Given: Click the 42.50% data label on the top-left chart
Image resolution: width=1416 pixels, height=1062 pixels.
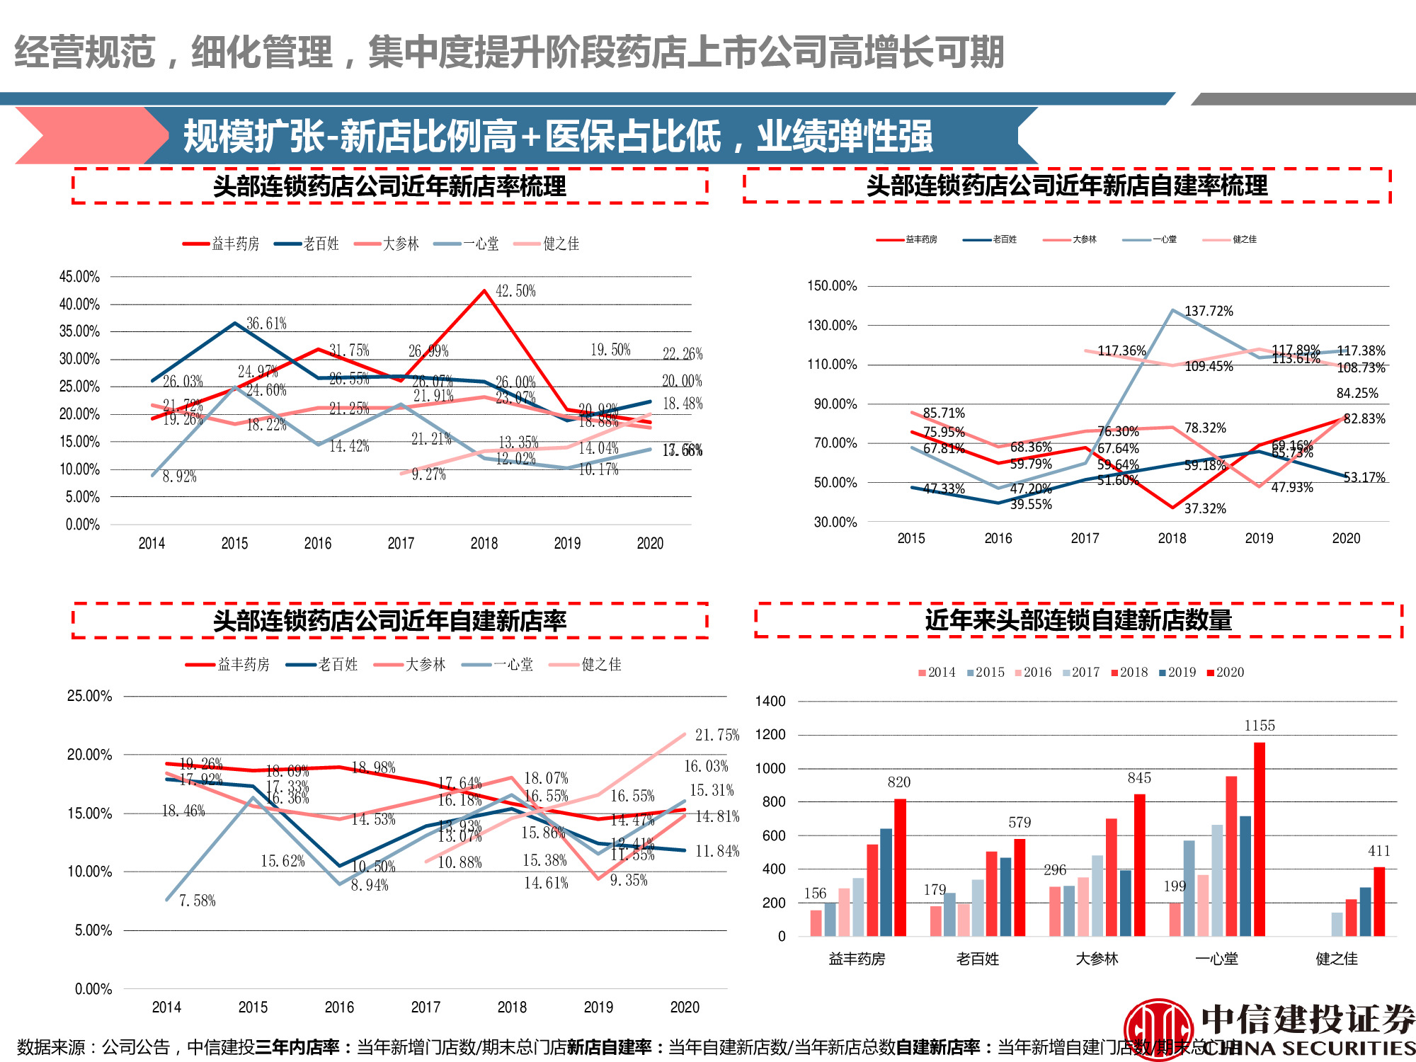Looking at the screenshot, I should click(x=515, y=291).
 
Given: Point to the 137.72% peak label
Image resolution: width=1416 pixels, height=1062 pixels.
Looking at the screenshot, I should click(x=1209, y=311).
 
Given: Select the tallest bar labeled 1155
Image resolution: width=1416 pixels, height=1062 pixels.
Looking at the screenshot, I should click(x=1259, y=839).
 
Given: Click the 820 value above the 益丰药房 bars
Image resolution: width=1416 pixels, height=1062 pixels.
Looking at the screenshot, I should click(x=898, y=782).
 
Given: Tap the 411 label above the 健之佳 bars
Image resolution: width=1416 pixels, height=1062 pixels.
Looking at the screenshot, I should click(x=1378, y=850).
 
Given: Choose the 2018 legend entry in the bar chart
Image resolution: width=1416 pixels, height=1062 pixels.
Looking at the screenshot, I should click(x=1130, y=672).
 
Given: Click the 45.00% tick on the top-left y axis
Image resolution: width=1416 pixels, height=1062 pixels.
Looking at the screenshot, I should click(x=79, y=276).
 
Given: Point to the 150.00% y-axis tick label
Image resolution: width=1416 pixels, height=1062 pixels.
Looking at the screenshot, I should click(x=832, y=285).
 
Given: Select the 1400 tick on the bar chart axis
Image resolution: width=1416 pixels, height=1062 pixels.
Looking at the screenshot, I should click(x=770, y=701).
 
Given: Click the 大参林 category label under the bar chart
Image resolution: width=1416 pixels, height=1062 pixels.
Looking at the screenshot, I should click(x=1097, y=959).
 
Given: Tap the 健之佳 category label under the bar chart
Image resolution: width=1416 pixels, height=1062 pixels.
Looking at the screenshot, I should click(x=1337, y=959).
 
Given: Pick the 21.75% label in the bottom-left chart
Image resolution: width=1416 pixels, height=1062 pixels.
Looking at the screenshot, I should click(x=716, y=735).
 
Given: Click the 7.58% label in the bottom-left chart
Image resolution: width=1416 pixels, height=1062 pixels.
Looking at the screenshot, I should click(x=197, y=901).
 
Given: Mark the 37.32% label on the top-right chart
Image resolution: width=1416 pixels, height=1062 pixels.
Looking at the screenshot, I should click(x=1204, y=508).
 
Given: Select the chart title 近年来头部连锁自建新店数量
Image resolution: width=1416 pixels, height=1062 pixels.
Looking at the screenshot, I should click(x=1078, y=620).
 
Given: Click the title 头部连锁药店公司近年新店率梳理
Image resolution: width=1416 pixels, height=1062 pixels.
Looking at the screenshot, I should click(x=389, y=186).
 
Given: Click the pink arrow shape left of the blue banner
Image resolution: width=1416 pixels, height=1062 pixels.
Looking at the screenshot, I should click(x=85, y=135).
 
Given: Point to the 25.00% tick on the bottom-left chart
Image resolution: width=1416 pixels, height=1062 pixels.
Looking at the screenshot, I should click(x=89, y=696).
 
